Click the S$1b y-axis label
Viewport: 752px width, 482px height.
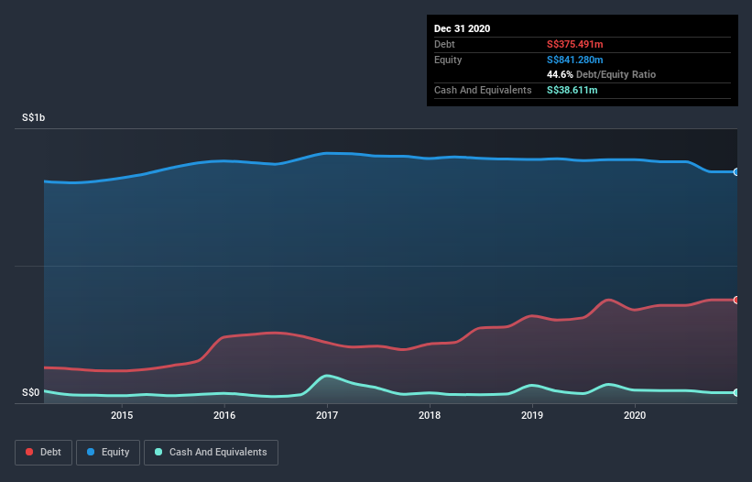(36, 118)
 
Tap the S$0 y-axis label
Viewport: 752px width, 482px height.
(31, 393)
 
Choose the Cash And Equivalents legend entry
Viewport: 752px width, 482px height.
(211, 452)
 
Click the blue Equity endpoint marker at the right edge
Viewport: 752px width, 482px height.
(736, 171)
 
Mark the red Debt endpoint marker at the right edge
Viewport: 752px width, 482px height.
(736, 300)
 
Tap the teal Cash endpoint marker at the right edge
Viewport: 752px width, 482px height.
(736, 392)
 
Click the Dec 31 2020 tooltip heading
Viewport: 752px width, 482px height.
(462, 28)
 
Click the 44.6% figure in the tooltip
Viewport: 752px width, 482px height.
(561, 74)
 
